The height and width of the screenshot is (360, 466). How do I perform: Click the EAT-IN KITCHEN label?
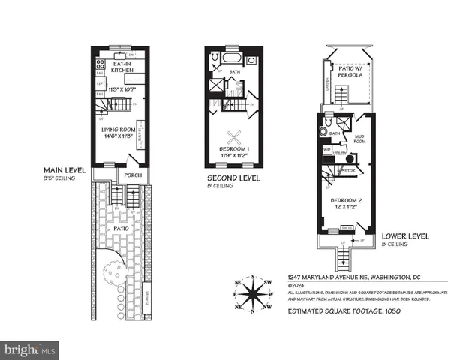(122, 68)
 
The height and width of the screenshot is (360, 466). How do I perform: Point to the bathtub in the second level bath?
(231, 58)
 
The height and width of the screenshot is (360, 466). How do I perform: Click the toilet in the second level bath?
(214, 58)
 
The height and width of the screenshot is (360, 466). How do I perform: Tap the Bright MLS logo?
(30, 349)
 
